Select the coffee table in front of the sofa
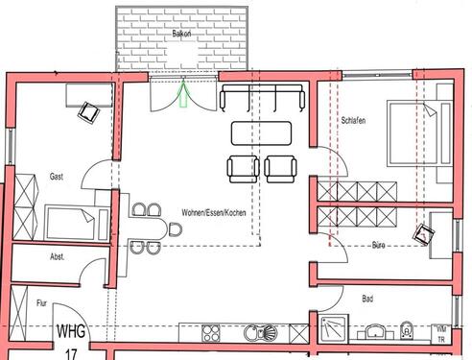(x=261, y=131)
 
